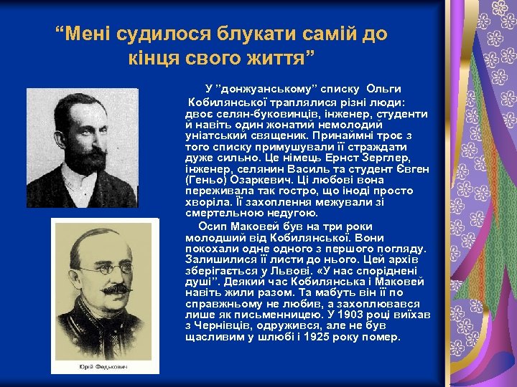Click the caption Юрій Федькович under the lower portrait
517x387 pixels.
pyautogui.click(x=105, y=367)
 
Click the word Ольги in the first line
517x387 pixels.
pyautogui.click(x=383, y=88)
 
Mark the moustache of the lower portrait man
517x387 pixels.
pyautogui.click(x=113, y=288)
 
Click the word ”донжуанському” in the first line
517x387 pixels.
pyautogui.click(x=261, y=88)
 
